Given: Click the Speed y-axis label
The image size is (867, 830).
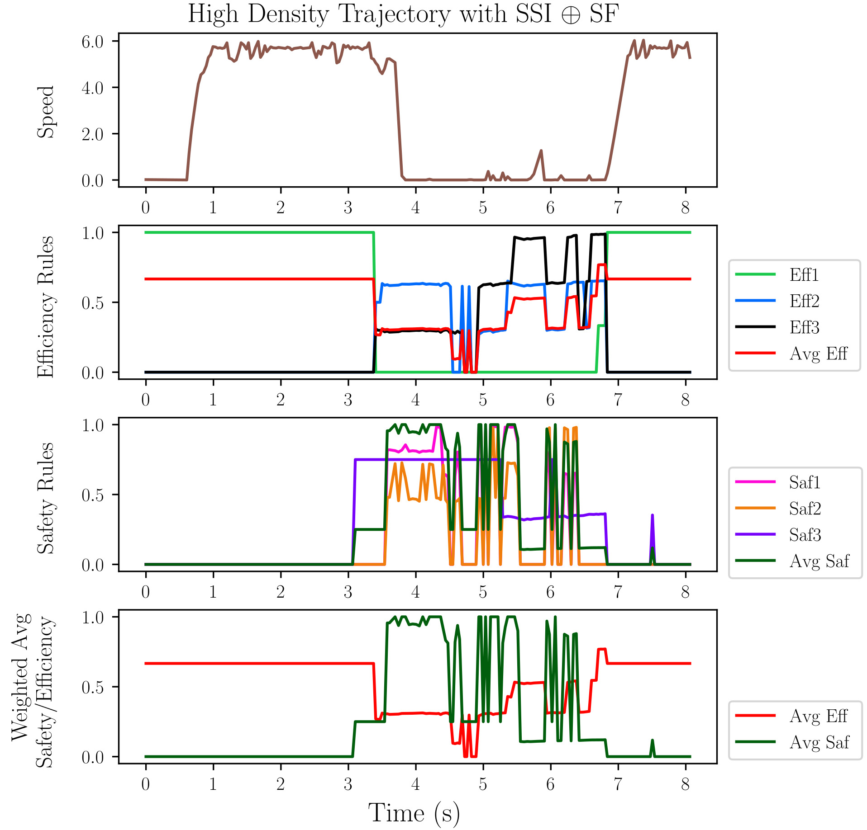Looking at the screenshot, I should tap(46, 112).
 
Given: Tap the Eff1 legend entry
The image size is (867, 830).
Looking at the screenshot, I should tap(804, 275).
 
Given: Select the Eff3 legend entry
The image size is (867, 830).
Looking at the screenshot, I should tap(804, 327).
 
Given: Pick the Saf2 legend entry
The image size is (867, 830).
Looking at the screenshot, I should tap(805, 509).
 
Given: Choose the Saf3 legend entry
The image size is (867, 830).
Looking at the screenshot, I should tap(805, 535).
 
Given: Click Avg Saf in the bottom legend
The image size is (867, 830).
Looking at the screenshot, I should tap(819, 742).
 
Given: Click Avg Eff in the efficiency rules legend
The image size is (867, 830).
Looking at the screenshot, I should tap(818, 354).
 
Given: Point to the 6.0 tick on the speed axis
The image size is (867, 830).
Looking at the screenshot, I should tap(93, 42).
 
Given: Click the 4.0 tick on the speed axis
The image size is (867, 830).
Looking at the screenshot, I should tap(93, 88).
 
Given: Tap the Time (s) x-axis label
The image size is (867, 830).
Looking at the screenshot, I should tap(414, 813).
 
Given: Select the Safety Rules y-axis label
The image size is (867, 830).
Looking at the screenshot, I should tap(46, 498).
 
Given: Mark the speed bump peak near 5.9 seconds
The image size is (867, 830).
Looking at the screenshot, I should tap(541, 151).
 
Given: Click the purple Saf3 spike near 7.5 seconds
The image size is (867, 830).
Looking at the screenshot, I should tap(652, 515).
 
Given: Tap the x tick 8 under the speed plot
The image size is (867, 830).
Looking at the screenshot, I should tap(685, 207).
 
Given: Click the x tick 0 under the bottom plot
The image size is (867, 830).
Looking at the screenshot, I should tap(145, 784).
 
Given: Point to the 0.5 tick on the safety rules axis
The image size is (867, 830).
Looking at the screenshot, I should tap(93, 495).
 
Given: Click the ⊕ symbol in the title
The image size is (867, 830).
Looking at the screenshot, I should tap(571, 15).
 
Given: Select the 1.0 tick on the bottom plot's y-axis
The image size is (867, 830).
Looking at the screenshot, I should tap(93, 618).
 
